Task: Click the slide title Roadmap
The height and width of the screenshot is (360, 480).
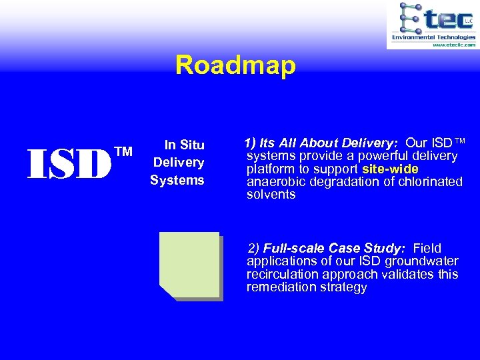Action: (235, 66)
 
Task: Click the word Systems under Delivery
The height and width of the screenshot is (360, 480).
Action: (177, 180)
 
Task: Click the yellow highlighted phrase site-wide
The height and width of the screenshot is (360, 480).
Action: (390, 169)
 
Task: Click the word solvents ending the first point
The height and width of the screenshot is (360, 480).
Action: (271, 195)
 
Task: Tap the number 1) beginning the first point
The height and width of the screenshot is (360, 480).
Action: (250, 143)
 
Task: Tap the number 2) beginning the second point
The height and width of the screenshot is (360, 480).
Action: (254, 248)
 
